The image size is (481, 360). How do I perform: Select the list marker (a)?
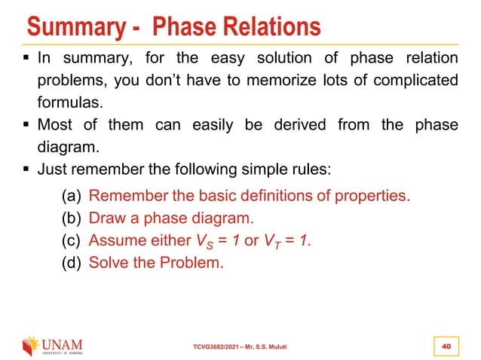72,197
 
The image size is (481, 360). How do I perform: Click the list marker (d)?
72,264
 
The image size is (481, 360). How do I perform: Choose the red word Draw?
106,219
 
